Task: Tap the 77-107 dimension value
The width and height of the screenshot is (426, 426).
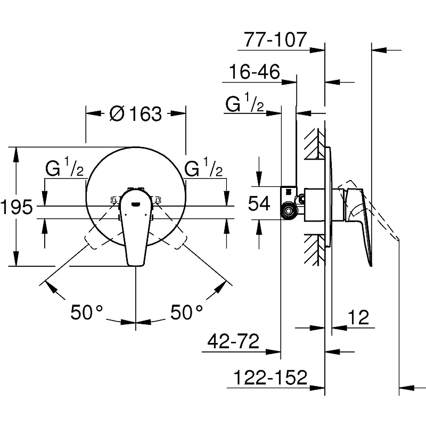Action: pyautogui.click(x=275, y=39)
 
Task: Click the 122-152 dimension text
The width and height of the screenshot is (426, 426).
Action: pyautogui.click(x=270, y=378)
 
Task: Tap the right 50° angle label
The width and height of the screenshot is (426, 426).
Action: pyautogui.click(x=186, y=312)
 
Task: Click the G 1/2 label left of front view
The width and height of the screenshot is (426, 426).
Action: pyautogui.click(x=64, y=169)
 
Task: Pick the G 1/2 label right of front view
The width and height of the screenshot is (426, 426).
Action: pyautogui.click(x=203, y=169)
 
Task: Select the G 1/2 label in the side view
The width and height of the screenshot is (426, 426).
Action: pyautogui.click(x=245, y=105)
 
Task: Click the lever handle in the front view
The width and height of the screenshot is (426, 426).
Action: pyautogui.click(x=136, y=229)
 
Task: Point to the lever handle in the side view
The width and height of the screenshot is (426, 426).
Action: pyautogui.click(x=362, y=224)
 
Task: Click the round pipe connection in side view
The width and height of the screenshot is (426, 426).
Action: pyautogui.click(x=289, y=212)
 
